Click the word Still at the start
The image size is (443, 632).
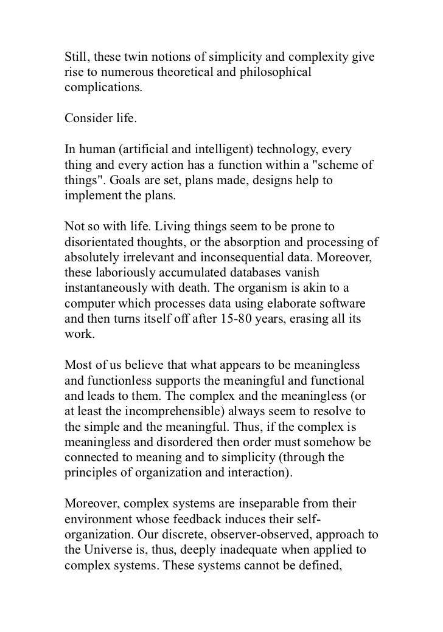[x=77, y=58]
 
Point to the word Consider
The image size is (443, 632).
[x=88, y=118]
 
